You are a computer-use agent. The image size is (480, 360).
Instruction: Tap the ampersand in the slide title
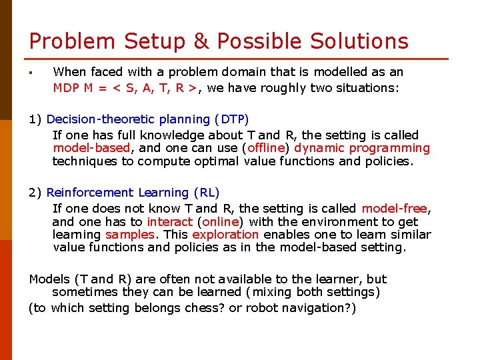202,41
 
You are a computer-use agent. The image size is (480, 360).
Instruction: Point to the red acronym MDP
67,87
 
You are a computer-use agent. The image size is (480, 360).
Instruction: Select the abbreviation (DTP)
231,119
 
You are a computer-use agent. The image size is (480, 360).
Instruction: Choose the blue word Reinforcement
90,193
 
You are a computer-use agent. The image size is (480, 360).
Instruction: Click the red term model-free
394,209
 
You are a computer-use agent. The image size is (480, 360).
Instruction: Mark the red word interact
169,221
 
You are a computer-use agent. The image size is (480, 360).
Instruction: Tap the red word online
220,221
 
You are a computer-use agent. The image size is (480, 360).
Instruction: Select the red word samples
130,235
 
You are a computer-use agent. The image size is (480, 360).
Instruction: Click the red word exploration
225,235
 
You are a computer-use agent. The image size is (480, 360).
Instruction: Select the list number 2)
35,193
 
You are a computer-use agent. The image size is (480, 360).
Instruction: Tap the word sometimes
83,292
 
